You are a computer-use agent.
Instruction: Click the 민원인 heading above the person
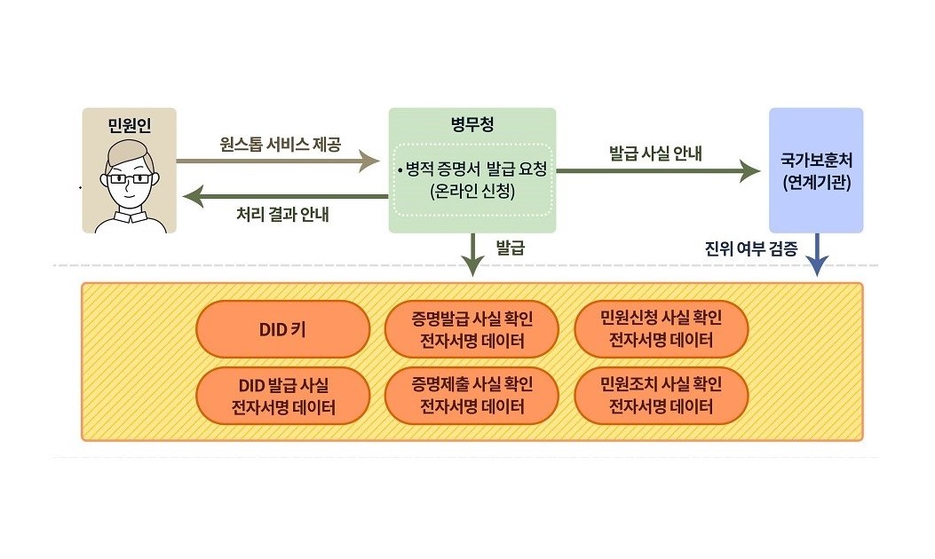129,125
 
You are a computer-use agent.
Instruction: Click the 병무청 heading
472,125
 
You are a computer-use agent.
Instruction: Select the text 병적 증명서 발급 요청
473,169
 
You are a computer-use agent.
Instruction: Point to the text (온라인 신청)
471,190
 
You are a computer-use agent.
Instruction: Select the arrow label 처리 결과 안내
282,214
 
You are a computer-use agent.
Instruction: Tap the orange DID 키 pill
282,328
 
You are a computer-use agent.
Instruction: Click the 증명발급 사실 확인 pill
472,328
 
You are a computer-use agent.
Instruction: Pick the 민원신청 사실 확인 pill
662,328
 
